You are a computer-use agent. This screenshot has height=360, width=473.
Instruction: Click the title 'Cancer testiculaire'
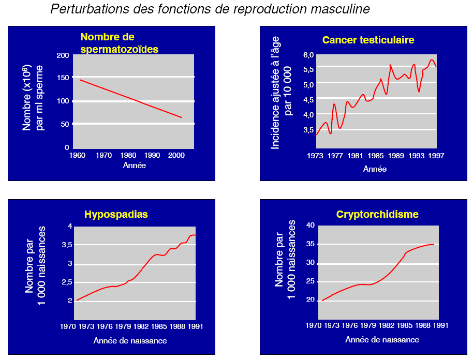pos(368,40)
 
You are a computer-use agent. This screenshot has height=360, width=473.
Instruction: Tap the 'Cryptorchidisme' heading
pos(377,214)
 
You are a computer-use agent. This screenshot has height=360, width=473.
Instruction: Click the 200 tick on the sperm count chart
pos(63,56)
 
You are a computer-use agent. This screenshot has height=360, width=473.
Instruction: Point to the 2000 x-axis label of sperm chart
pos(175,155)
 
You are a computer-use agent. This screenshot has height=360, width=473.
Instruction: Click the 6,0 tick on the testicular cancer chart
pos(308,55)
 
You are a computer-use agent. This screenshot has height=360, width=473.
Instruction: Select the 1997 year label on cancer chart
pos(436,155)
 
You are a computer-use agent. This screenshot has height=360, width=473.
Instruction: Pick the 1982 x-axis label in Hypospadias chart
pos(141,326)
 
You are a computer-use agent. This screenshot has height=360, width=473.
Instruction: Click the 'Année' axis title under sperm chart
pos(134,166)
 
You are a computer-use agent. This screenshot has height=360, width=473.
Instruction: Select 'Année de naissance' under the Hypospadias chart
pos(130,340)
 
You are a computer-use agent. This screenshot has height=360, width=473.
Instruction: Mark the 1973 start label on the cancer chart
pos(316,155)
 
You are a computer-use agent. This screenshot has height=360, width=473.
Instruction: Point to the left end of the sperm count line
pos(80,80)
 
